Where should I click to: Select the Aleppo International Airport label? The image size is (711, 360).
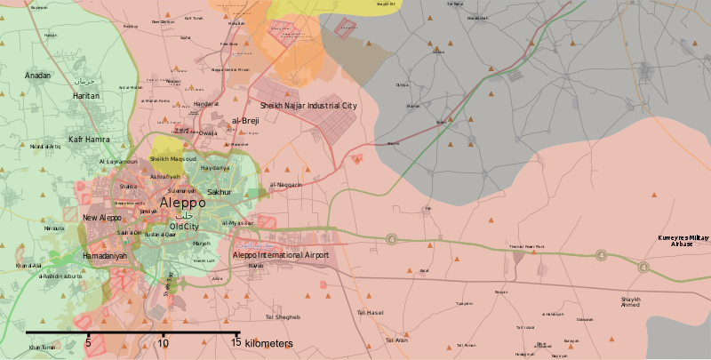[x=280, y=255]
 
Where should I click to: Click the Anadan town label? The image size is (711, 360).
[x=38, y=76]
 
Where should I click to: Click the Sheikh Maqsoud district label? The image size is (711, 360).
[x=171, y=159]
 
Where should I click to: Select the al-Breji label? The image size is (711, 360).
[x=244, y=120]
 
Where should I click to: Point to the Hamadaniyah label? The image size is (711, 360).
[x=105, y=256]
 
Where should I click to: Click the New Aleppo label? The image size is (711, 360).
[x=102, y=218]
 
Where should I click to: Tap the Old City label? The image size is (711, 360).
[x=184, y=227]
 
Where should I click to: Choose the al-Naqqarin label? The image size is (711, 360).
[x=286, y=185]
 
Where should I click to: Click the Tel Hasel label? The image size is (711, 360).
[x=370, y=313]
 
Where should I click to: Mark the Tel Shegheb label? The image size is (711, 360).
[x=283, y=317]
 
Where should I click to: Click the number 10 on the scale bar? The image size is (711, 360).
[x=164, y=342]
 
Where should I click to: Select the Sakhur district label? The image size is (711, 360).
[x=219, y=192]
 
